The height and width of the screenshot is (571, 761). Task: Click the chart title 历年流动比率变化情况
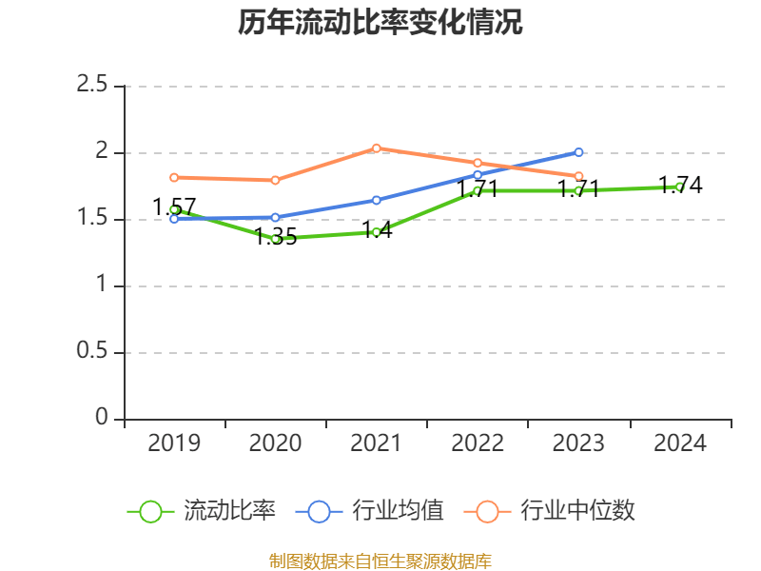pyautogui.click(x=380, y=23)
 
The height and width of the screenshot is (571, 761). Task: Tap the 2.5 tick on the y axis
pyautogui.click(x=92, y=86)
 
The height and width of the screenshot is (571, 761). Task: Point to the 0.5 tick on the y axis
pyautogui.click(x=92, y=352)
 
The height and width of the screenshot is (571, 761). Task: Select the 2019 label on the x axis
pyautogui.click(x=174, y=443)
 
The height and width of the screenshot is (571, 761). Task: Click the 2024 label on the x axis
pyautogui.click(x=680, y=443)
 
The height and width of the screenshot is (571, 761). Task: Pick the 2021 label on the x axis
pyautogui.click(x=377, y=443)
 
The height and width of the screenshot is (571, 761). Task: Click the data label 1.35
pyautogui.click(x=276, y=237)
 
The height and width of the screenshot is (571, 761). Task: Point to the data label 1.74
pyautogui.click(x=680, y=186)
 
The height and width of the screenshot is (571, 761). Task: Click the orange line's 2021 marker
pyautogui.click(x=377, y=148)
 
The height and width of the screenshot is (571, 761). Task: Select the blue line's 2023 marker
pyautogui.click(x=579, y=152)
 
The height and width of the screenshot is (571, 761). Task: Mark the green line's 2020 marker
pyautogui.click(x=276, y=239)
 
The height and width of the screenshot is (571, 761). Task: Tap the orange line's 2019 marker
pyautogui.click(x=174, y=177)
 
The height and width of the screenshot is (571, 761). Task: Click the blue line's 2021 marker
pyautogui.click(x=377, y=200)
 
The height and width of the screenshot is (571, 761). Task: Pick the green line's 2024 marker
pyautogui.click(x=680, y=187)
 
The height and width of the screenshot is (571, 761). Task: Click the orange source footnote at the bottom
pyautogui.click(x=380, y=561)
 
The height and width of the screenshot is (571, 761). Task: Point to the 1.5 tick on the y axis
pyautogui.click(x=92, y=219)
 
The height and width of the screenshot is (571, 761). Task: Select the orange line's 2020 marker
pyautogui.click(x=276, y=180)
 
